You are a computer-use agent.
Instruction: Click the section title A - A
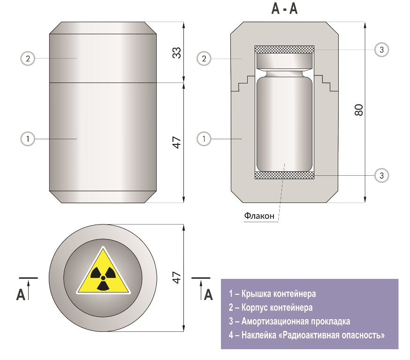coord(284,9)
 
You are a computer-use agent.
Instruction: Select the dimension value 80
coord(359,110)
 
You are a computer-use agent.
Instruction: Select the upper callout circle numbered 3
coord(382,49)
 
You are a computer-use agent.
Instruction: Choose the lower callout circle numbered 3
coord(382,175)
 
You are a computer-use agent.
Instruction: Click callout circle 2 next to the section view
coord(204,59)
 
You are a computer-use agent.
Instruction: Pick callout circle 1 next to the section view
coord(204,139)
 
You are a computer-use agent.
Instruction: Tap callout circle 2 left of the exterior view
coord(28,59)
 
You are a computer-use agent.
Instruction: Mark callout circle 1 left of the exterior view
coord(28,139)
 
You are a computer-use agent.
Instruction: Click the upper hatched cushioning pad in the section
coord(284,49)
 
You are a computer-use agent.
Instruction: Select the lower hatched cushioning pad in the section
coord(284,175)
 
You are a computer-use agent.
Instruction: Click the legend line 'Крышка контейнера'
coord(272,294)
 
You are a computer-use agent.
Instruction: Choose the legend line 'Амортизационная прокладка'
coord(289,322)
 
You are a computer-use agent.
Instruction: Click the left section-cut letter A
coord(21,294)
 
